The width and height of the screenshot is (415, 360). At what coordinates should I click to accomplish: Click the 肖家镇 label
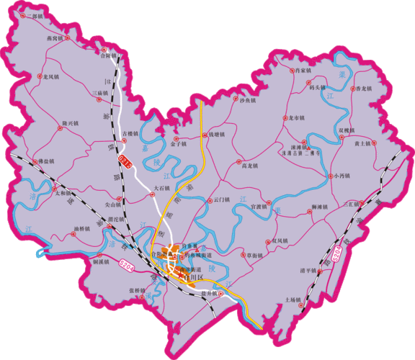pos(302,71)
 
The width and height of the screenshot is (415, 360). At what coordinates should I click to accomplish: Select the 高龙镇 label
pos(249,166)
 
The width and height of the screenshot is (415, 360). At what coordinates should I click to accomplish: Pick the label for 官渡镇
pos(259,207)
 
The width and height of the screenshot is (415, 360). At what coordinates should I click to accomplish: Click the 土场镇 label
pos(292,299)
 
